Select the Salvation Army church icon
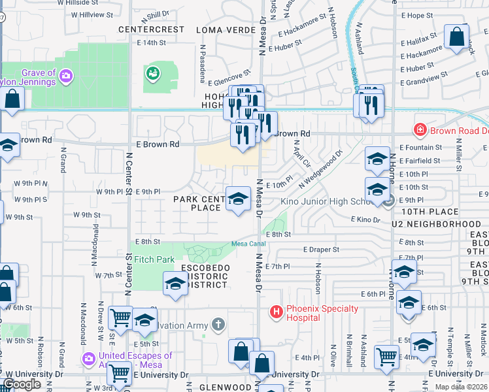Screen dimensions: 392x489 coord(218,325)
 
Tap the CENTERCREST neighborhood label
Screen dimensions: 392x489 coord(152,30)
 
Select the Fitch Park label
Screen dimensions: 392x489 coord(154,259)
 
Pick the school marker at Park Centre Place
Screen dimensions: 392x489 coord(238,199)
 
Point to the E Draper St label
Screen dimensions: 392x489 coord(321,250)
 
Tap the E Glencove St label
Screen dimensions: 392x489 coord(229,78)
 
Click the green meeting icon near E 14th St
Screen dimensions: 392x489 coord(154,73)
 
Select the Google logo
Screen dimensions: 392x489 coord(22,384)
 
